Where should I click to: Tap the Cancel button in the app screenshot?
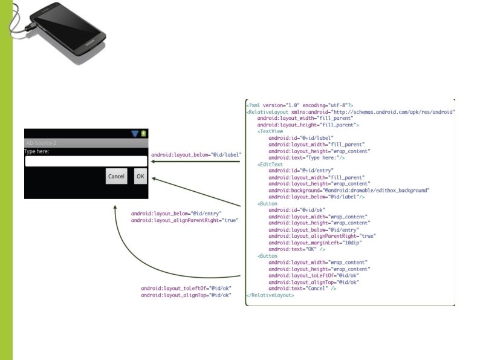(x=116, y=176)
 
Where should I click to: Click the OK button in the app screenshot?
(x=140, y=176)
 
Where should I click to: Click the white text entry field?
(x=86, y=161)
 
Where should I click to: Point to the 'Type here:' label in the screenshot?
(x=37, y=151)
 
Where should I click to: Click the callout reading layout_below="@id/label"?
(x=196, y=155)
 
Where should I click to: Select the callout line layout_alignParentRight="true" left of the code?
(x=185, y=221)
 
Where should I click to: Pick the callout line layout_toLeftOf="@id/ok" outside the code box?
(x=186, y=289)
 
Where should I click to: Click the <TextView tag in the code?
(x=270, y=131)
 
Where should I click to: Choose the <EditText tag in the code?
(x=270, y=163)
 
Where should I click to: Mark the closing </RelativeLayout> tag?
(x=270, y=295)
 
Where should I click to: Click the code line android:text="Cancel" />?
(x=302, y=289)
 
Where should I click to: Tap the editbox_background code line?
(x=349, y=190)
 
